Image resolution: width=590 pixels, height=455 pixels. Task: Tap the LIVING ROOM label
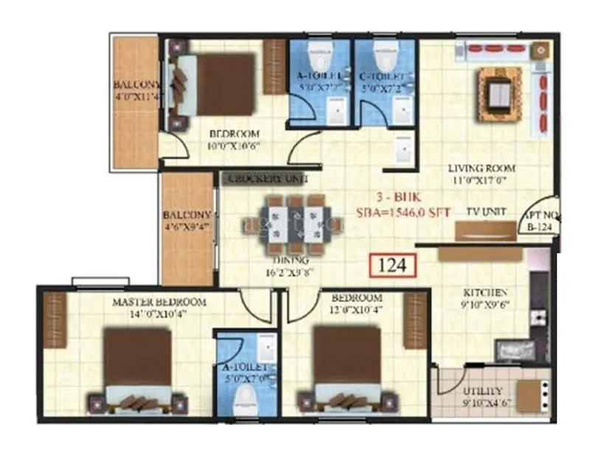[482, 168]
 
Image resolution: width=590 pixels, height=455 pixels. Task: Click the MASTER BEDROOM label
[159, 302]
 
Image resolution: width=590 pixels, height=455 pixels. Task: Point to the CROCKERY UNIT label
[262, 179]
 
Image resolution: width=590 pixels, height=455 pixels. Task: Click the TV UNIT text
[486, 211]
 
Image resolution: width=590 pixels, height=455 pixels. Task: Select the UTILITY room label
[482, 391]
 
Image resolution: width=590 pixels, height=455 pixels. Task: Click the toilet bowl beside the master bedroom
[245, 400]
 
